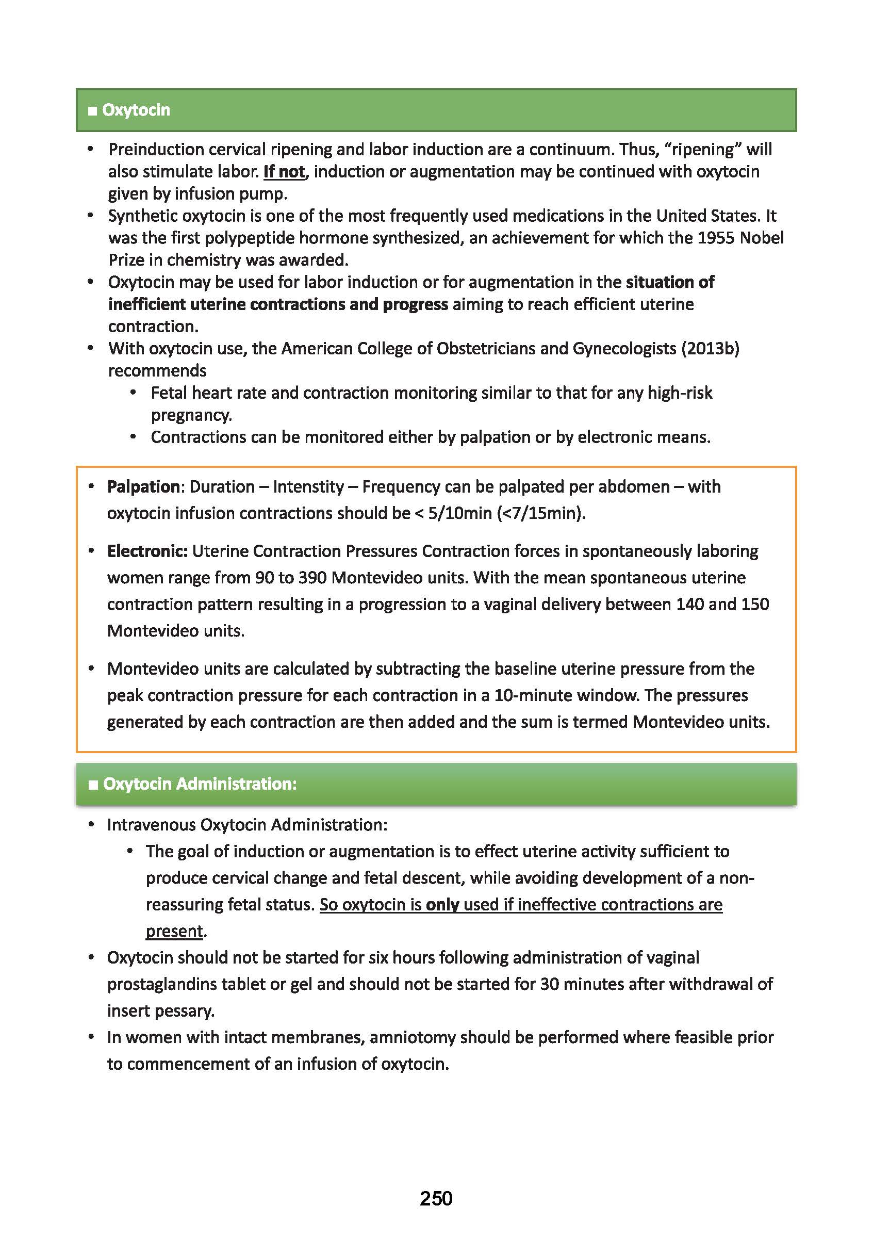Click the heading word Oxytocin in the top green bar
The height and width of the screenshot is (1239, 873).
tap(136, 110)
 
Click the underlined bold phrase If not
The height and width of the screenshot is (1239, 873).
tap(284, 172)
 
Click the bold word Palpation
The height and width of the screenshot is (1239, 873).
tap(143, 487)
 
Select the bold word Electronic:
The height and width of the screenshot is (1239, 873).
tap(147, 551)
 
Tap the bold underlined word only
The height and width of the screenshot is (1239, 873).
tap(442, 904)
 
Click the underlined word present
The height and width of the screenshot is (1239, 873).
tap(174, 931)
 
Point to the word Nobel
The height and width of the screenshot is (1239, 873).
tap(762, 238)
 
